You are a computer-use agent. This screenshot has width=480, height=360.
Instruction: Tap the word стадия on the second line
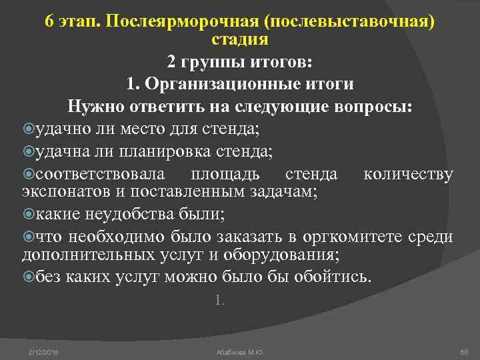coord(240,39)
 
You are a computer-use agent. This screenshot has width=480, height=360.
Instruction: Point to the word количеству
coord(408,175)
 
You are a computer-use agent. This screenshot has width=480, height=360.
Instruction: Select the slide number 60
coord(465,351)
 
